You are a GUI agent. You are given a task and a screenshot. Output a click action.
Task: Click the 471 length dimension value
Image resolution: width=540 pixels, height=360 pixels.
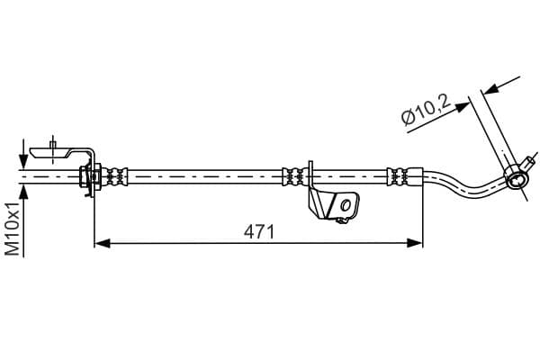click(x=259, y=232)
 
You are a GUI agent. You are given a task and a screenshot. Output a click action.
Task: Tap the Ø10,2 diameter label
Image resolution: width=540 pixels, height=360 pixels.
click(x=427, y=110)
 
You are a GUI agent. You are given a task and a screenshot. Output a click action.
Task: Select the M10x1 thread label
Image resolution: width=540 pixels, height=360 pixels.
click(x=13, y=229)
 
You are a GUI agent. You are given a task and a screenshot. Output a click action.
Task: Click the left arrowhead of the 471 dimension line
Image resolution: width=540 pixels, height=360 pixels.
click(x=103, y=243)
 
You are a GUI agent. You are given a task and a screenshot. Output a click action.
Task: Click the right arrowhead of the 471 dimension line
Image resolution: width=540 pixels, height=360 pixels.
click(x=414, y=243)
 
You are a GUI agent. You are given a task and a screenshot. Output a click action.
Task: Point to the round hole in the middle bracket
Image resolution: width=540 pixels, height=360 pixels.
click(x=346, y=206)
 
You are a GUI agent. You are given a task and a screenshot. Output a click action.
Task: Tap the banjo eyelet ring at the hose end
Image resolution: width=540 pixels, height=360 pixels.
click(x=515, y=180)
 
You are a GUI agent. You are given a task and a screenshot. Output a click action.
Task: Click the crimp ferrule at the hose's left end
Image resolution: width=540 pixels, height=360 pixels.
click(x=117, y=176)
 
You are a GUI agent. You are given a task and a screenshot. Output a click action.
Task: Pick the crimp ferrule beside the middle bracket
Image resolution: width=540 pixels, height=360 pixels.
click(x=295, y=176)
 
